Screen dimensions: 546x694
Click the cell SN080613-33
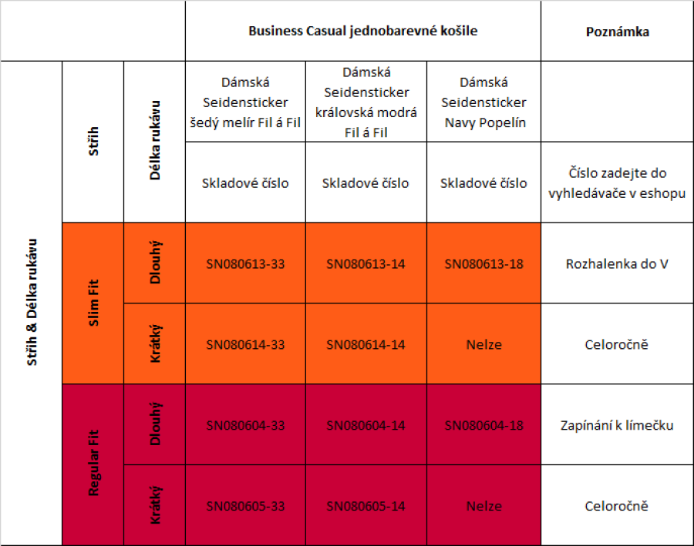pyautogui.click(x=245, y=264)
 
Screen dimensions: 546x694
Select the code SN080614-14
pyautogui.click(x=366, y=344)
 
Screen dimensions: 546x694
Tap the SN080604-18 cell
pyautogui.click(x=483, y=425)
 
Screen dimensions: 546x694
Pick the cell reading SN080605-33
pyautogui.click(x=245, y=506)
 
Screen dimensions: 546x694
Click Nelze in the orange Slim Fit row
pyautogui.click(x=483, y=344)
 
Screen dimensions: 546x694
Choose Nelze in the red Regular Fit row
pyautogui.click(x=483, y=506)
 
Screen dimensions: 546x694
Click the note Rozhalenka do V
pyautogui.click(x=617, y=264)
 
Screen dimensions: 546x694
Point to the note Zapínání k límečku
pyautogui.click(x=617, y=425)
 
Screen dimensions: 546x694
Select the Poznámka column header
pyautogui.click(x=617, y=32)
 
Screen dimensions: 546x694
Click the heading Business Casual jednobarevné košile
pyautogui.click(x=362, y=32)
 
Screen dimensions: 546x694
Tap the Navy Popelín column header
pyautogui.click(x=483, y=102)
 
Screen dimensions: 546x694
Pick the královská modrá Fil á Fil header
pyautogui.click(x=366, y=102)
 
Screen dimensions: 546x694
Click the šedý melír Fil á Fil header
pyautogui.click(x=245, y=102)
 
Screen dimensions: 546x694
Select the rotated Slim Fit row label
pyautogui.click(x=93, y=303)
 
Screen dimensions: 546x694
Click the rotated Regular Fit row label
pyautogui.click(x=93, y=464)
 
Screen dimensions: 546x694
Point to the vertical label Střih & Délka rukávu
pyautogui.click(x=32, y=303)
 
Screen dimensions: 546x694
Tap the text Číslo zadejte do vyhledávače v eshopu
pyautogui.click(x=617, y=183)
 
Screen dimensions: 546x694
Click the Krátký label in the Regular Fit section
pyautogui.click(x=155, y=505)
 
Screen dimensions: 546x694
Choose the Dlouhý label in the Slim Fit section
pyautogui.click(x=155, y=263)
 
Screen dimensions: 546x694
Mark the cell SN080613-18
pyautogui.click(x=483, y=264)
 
